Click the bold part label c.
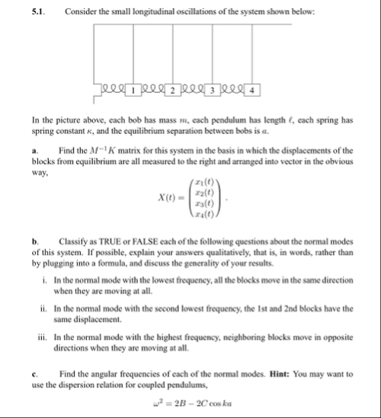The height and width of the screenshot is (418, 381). [x=35, y=374]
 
